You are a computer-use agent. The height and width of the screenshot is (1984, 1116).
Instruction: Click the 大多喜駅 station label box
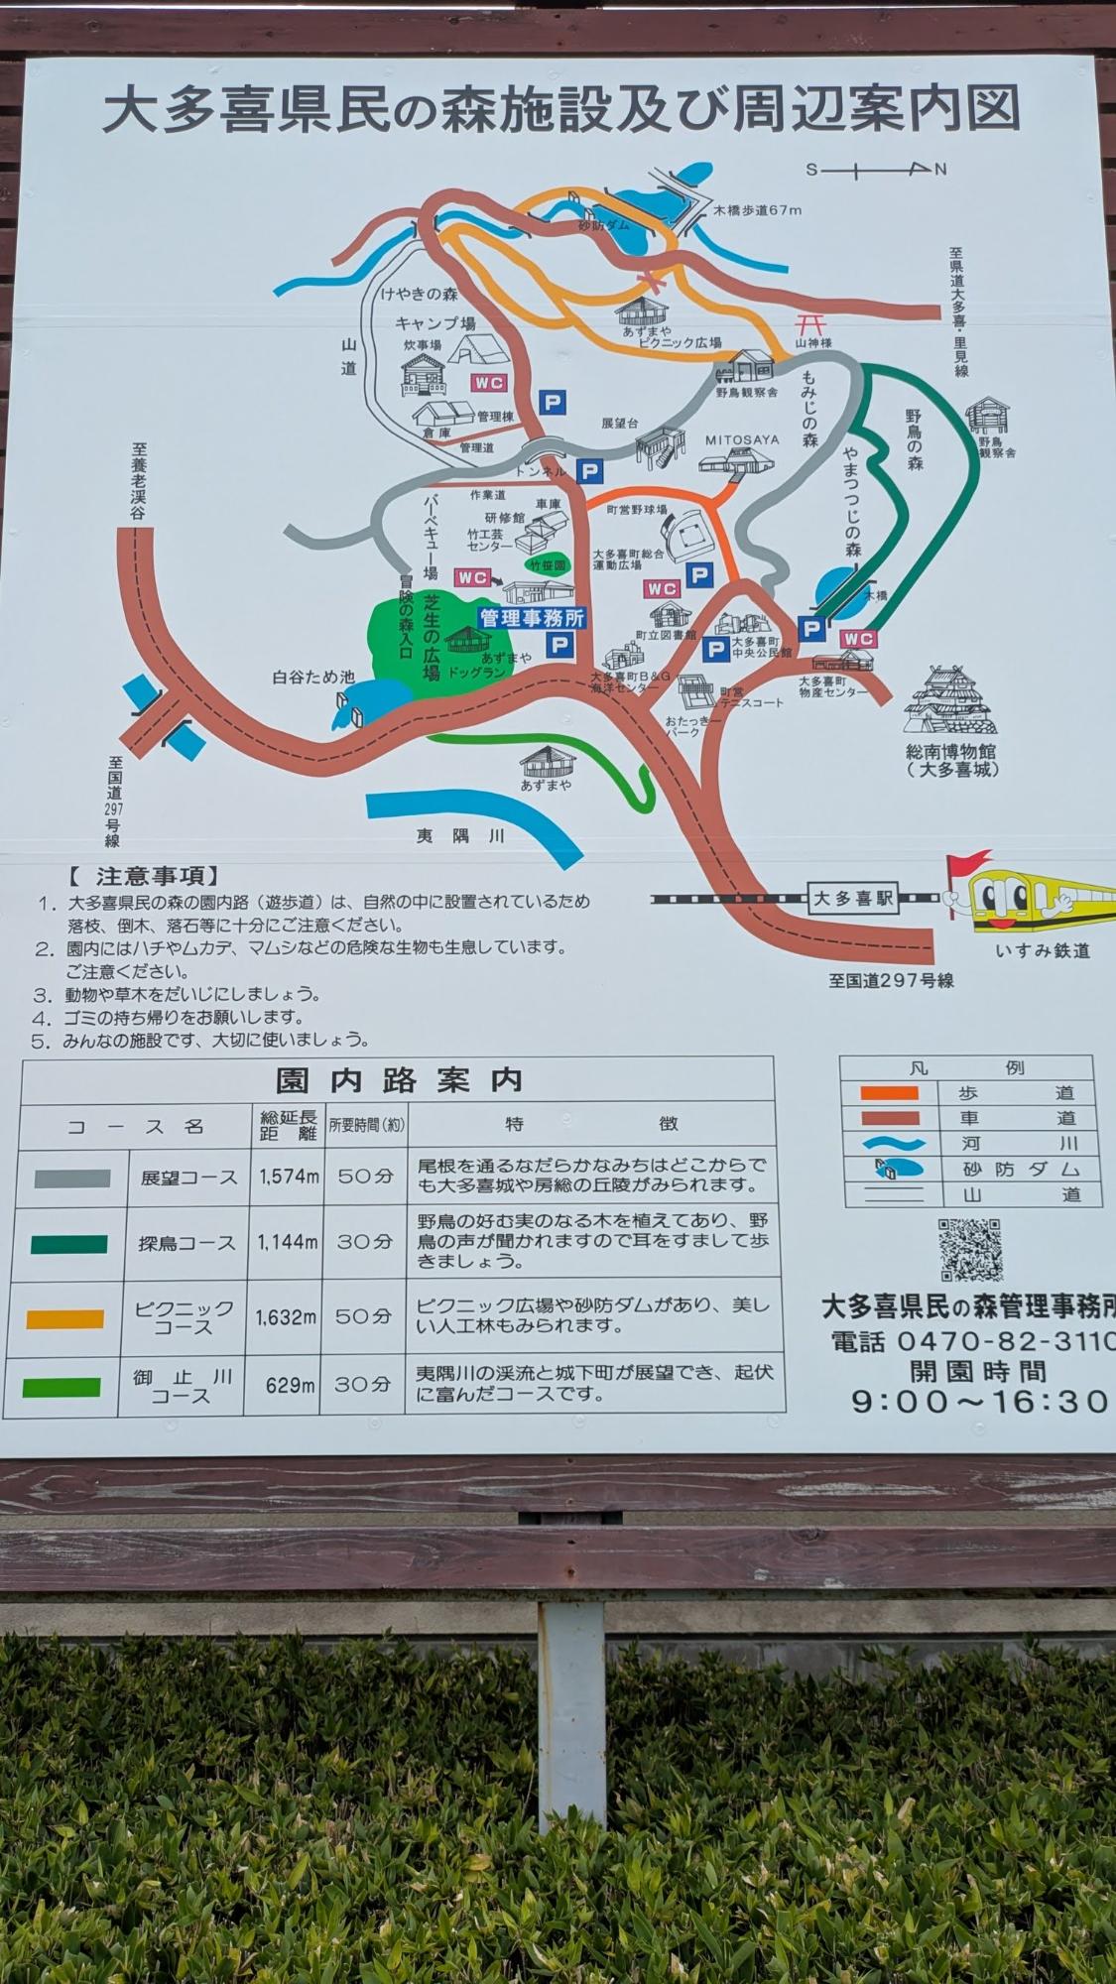[x=853, y=899]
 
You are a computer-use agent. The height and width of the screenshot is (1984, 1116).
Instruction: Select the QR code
[x=970, y=1250]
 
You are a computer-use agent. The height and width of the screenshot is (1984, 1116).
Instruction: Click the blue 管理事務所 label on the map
[x=532, y=618]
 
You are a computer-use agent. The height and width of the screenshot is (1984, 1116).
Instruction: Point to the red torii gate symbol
[x=810, y=323]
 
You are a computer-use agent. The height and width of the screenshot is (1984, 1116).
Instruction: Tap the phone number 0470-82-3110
[x=1002, y=1342]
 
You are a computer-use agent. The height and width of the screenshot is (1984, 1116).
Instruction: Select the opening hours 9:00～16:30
[x=980, y=1401]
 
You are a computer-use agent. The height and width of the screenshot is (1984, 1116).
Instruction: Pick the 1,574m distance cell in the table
[x=289, y=1177]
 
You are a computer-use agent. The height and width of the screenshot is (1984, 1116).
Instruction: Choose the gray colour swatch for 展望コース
[x=72, y=1178]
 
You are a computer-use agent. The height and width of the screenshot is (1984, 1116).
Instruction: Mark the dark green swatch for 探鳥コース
[x=69, y=1244]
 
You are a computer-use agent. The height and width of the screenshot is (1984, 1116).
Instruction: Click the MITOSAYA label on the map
[x=742, y=439]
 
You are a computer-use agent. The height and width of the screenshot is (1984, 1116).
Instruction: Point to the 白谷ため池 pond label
[x=313, y=677]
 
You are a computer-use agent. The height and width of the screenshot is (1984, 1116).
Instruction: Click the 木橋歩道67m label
[x=758, y=210]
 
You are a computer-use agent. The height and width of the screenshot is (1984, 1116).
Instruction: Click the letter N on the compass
[x=940, y=169]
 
